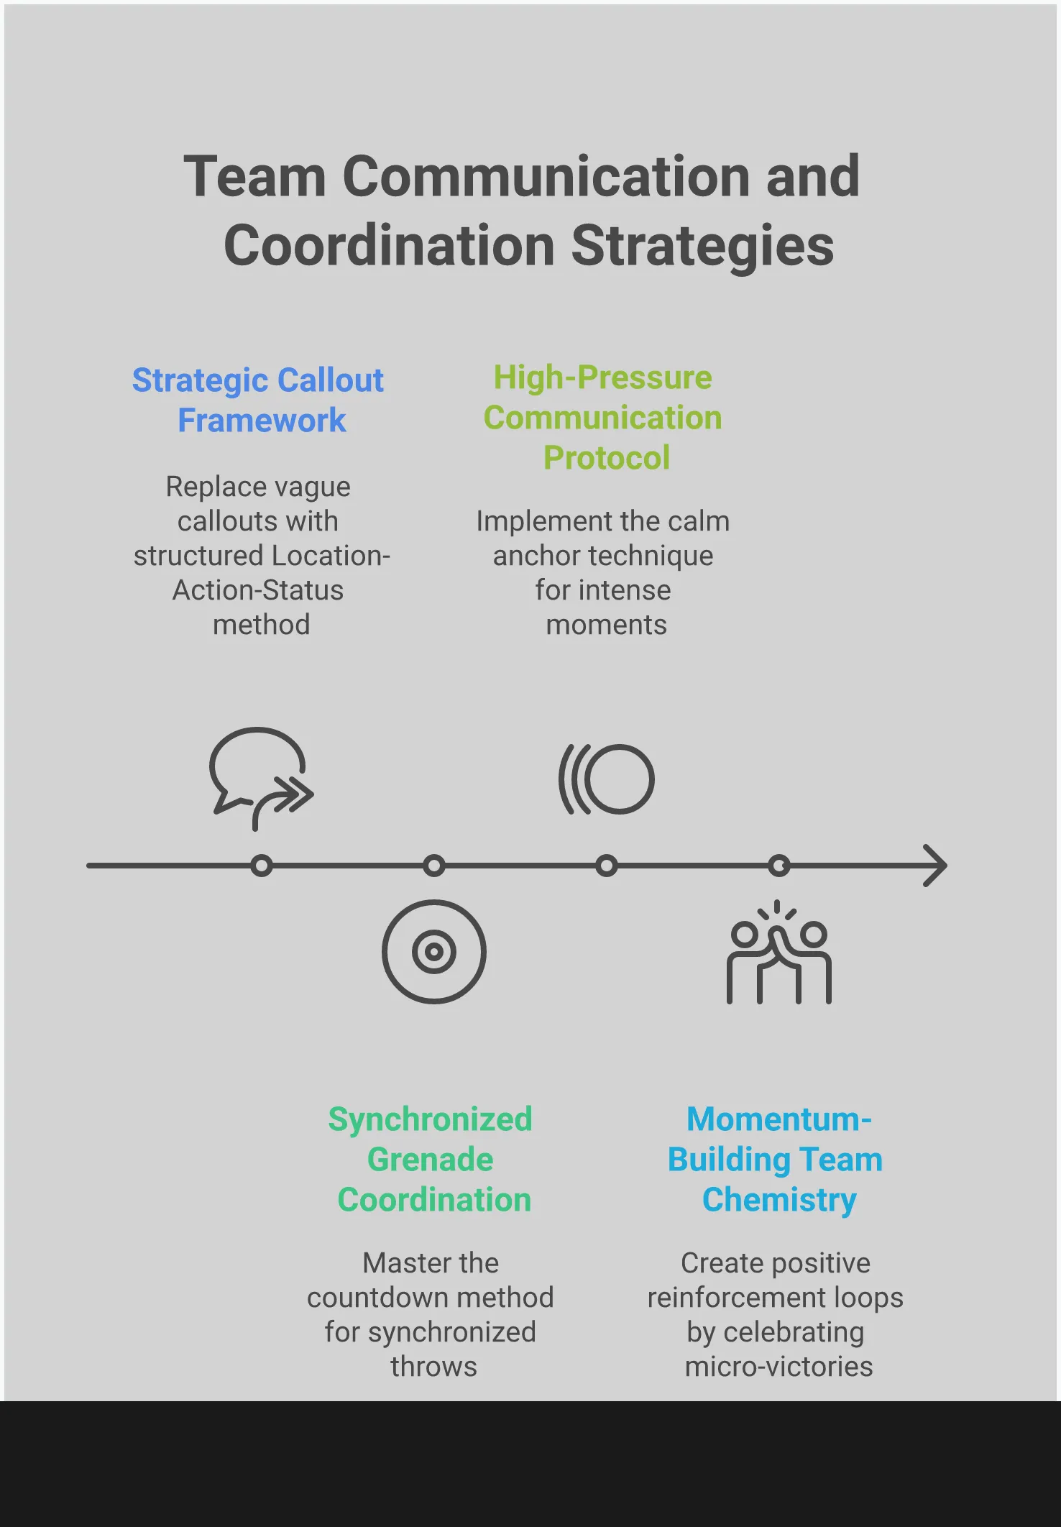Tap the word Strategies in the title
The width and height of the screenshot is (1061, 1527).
coord(702,246)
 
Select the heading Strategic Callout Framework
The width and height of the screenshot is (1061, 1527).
coord(259,400)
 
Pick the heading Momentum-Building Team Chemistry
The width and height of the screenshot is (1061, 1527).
coord(776,1159)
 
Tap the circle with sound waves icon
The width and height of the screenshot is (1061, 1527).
coord(607,779)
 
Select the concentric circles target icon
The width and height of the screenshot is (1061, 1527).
coord(434,952)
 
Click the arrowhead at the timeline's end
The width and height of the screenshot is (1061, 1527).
coord(935,866)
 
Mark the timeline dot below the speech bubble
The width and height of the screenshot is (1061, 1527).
coord(262,866)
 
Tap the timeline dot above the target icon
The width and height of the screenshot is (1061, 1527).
coord(434,866)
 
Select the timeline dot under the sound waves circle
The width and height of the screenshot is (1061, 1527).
coord(607,866)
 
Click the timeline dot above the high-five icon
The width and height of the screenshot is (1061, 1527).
coord(779,866)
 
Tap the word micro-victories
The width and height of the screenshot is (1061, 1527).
coord(778,1367)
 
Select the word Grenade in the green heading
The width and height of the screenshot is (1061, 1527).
coord(431,1159)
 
